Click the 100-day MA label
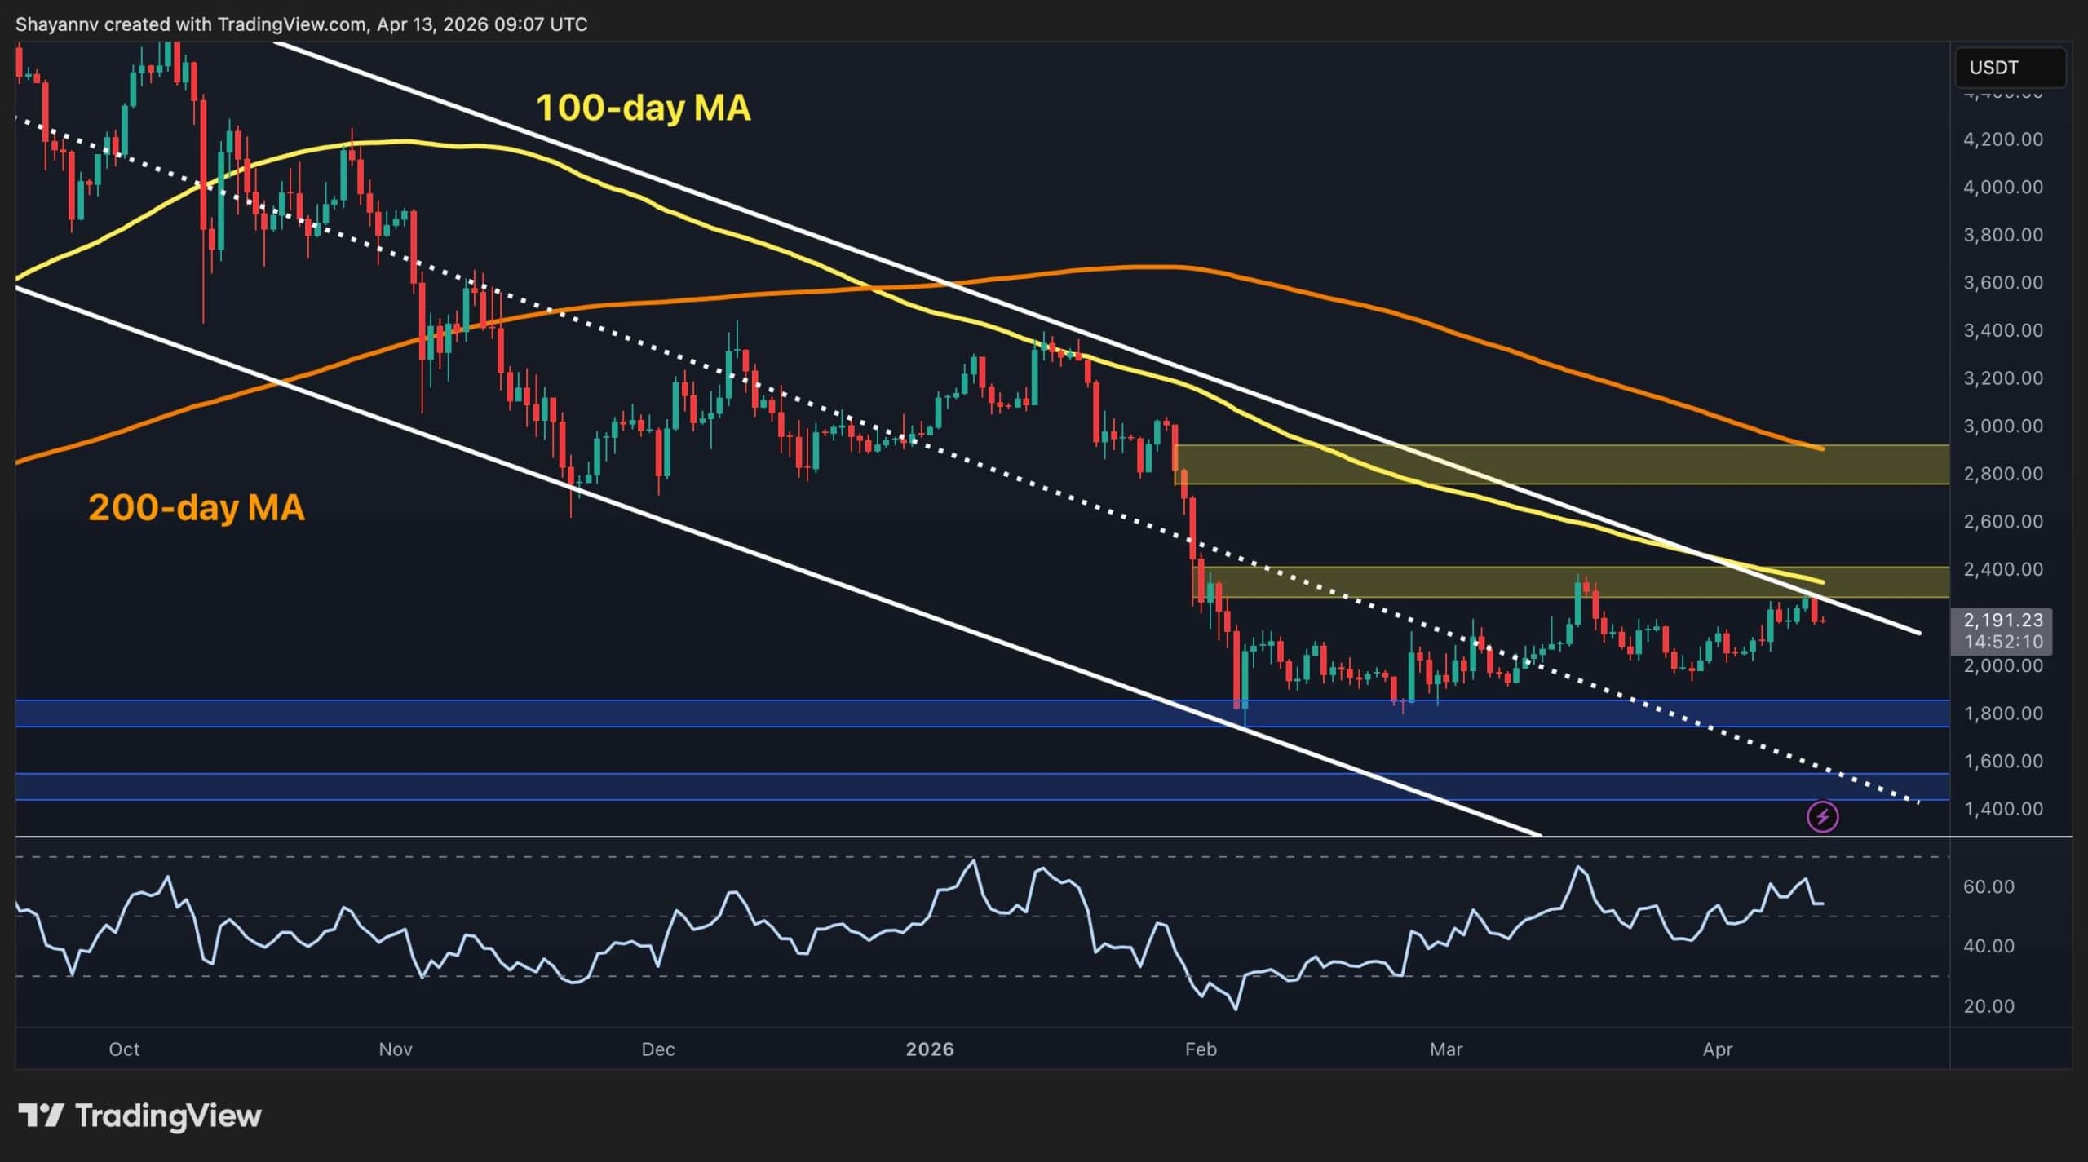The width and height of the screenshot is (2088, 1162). point(643,108)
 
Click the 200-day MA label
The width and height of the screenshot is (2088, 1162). point(197,507)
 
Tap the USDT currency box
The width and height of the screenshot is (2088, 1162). point(2010,67)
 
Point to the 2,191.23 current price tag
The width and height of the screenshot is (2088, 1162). point(2003,621)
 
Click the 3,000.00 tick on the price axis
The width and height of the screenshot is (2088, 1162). point(2002,426)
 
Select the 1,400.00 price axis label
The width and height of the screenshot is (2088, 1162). point(2002,808)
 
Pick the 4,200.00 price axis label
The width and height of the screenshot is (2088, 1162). point(2002,139)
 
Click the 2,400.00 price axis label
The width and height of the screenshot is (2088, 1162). point(2002,569)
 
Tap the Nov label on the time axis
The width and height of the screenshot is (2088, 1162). point(396,1049)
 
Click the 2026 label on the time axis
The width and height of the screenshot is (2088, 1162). point(930,1049)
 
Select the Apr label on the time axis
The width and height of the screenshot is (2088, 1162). point(1718,1049)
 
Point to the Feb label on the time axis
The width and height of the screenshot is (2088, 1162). point(1201,1049)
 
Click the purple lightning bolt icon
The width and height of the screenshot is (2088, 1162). point(1823,816)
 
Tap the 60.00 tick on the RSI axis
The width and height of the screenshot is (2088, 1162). point(1988,886)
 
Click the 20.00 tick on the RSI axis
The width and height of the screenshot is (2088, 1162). point(1988,1005)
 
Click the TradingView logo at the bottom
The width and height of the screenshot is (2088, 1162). point(140,1115)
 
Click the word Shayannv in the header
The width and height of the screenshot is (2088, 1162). point(56,24)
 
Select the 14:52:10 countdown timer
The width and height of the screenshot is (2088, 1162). point(2003,642)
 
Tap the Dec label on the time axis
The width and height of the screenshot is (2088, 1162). point(658,1049)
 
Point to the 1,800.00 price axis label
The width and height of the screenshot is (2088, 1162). point(2002,713)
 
